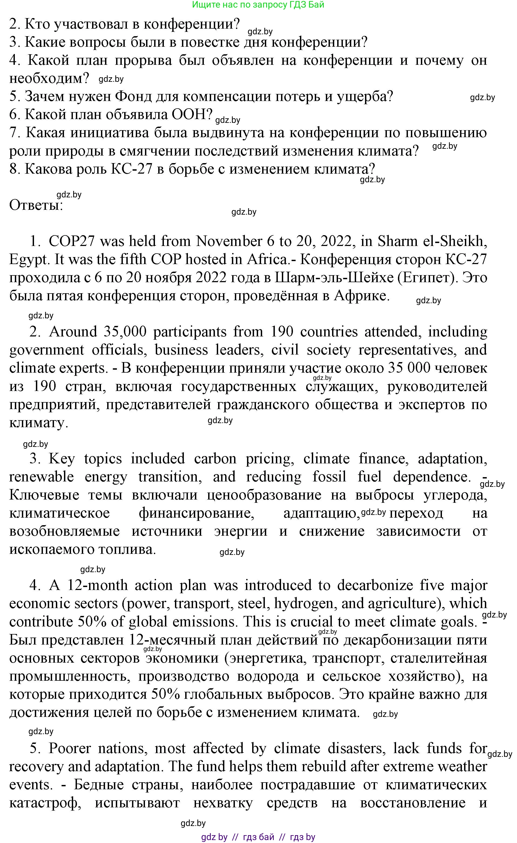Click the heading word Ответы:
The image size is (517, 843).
pyautogui.click(x=36, y=205)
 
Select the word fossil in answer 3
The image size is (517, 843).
pyautogui.click(x=329, y=477)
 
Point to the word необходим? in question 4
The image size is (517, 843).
pyautogui.click(x=49, y=78)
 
